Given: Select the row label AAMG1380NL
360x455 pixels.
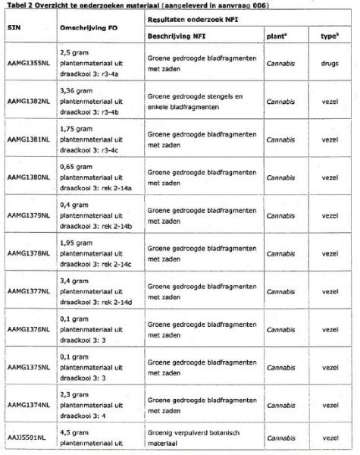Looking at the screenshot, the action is (28, 177).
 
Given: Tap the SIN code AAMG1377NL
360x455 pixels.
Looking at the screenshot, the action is (28, 290).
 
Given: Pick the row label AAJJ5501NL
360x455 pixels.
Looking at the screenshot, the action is (27, 438).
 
